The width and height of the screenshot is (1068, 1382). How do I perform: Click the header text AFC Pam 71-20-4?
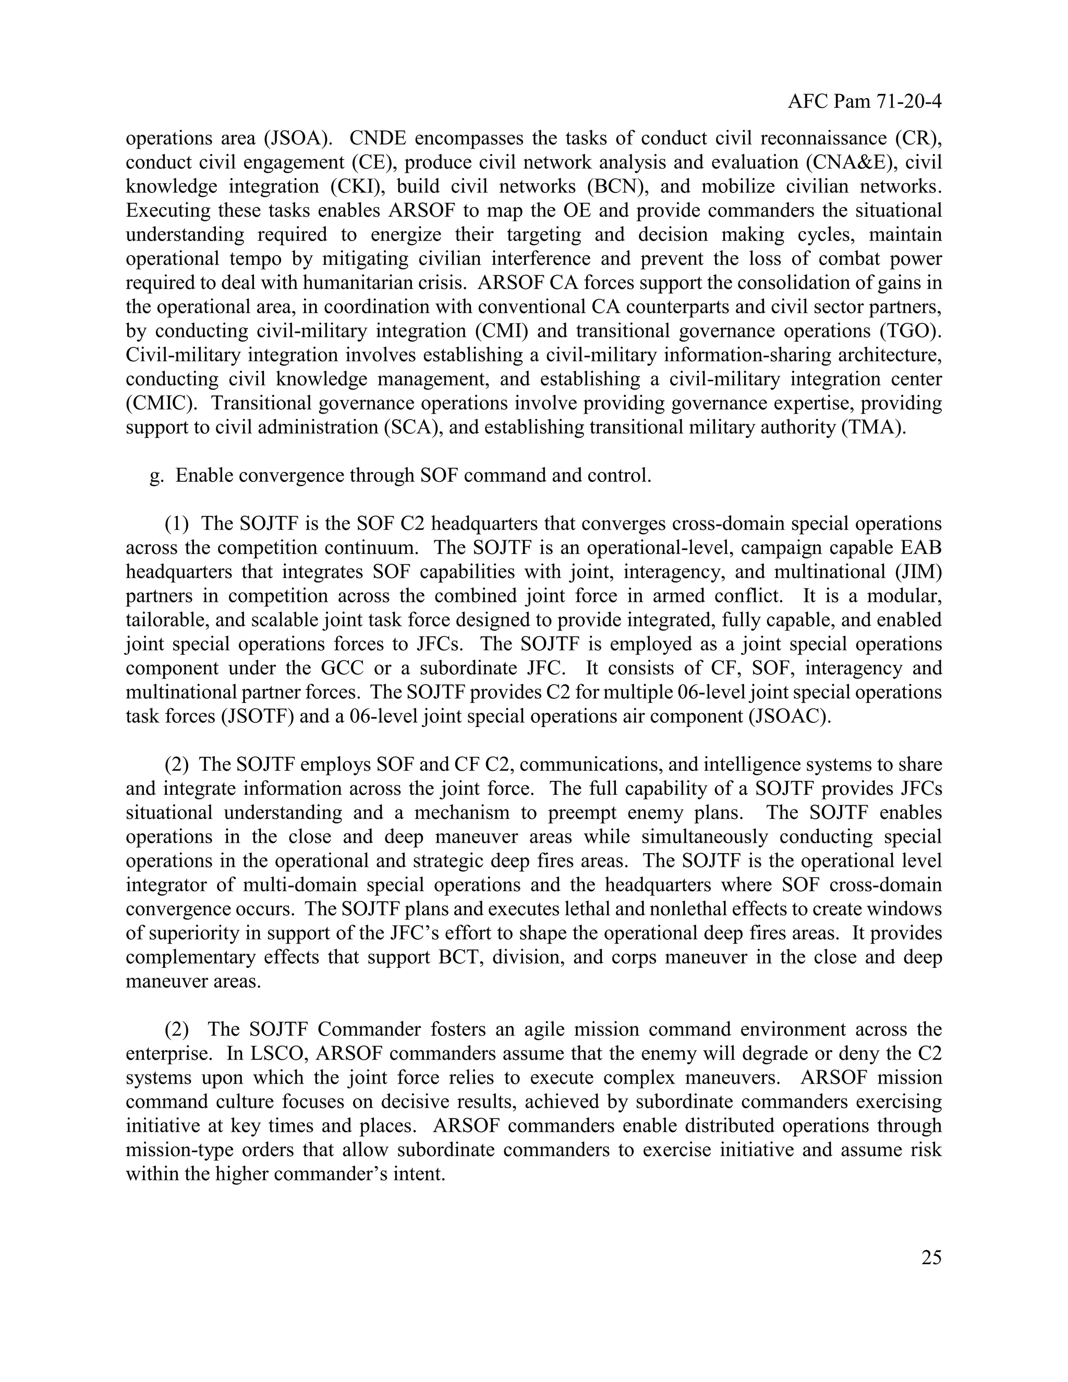coord(864,101)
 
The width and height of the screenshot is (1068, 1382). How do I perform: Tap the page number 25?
coord(931,1257)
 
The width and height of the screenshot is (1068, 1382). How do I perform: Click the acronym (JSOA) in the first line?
coord(297,138)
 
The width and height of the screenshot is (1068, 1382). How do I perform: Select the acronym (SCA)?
coord(412,427)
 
